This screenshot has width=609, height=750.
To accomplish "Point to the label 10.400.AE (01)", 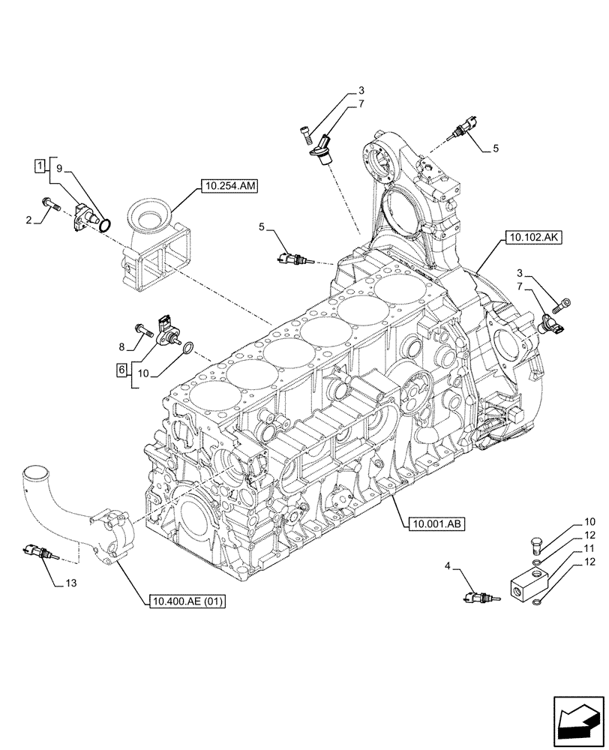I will [x=187, y=601].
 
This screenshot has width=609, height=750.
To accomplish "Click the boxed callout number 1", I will [x=38, y=163].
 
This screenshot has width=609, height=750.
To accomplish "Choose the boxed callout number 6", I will [x=120, y=369].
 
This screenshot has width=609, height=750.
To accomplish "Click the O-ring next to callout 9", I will [x=106, y=223].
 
